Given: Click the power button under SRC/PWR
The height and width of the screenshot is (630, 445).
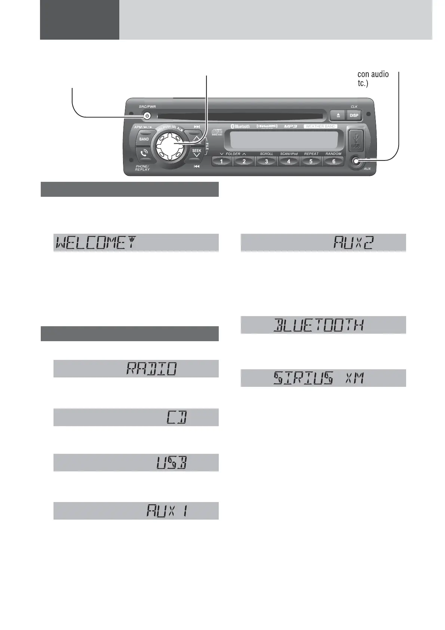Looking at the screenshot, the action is (147, 116).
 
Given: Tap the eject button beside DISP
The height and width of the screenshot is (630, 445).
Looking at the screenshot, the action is (338, 115).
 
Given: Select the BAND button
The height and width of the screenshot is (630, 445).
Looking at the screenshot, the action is (144, 139).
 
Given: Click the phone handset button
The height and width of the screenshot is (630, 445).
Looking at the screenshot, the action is (144, 153).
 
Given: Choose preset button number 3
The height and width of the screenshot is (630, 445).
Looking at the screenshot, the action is (266, 162).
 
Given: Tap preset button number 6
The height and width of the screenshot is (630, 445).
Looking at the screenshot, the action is (334, 162).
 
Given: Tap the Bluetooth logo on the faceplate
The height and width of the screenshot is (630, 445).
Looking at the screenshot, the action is (240, 126).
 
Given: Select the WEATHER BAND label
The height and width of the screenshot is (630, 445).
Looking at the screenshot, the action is (320, 126).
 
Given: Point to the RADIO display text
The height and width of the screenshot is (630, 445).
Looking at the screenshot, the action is (151, 369).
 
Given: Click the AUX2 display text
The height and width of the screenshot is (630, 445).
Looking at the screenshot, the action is (354, 243).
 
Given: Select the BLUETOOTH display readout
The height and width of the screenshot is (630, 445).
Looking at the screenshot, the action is (319, 325).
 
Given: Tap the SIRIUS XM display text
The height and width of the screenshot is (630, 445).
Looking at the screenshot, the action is (319, 378).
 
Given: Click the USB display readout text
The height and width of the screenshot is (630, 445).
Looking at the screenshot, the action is (171, 463).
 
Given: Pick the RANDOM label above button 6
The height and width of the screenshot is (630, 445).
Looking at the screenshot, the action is (333, 154).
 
